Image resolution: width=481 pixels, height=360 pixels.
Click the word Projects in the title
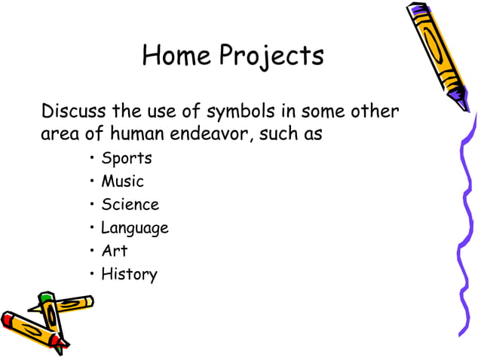pos(272,56)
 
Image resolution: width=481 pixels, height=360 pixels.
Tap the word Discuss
pos(74,112)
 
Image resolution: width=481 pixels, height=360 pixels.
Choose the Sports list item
pos(127,159)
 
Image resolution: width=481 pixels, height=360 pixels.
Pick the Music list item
pos(122,182)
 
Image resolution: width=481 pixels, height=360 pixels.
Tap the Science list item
pos(130,205)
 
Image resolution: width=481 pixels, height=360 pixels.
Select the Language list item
pos(135,228)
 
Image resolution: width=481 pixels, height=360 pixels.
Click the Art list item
pos(115,251)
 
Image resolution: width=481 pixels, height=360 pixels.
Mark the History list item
pos(129,274)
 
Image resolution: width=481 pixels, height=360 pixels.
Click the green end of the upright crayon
pos(46,298)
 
